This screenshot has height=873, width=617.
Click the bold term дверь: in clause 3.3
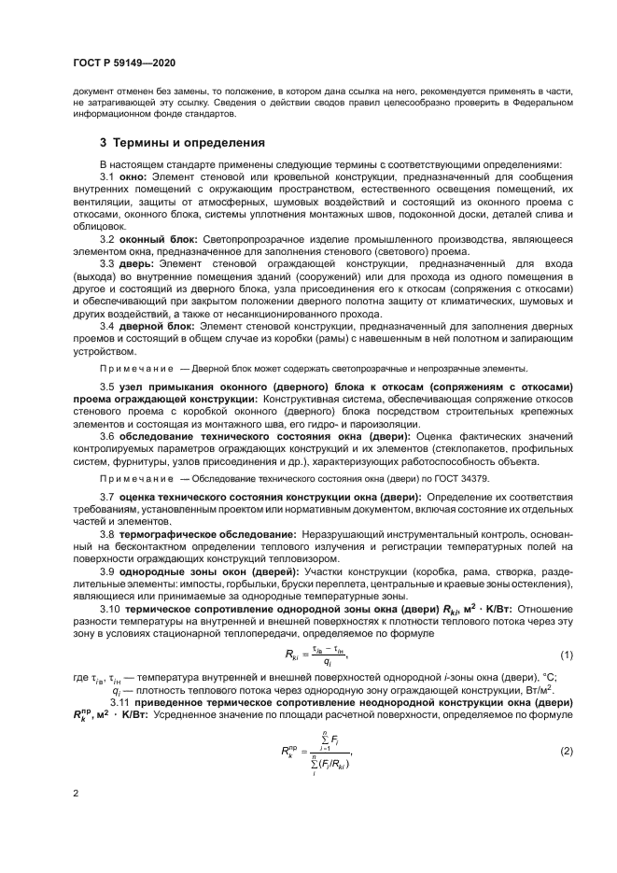139,263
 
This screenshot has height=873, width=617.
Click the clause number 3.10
111,609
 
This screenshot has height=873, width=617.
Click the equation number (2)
566,751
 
